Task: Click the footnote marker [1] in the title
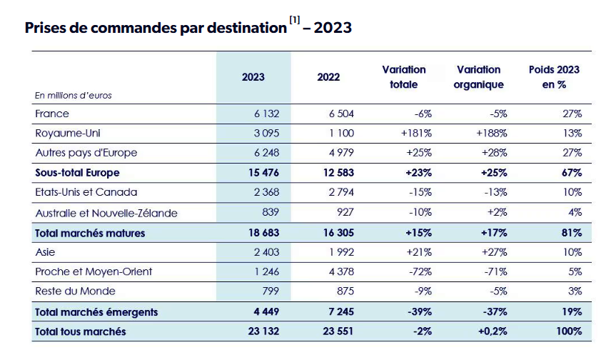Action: [x=295, y=20]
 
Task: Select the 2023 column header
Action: [x=253, y=77]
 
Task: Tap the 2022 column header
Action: [x=328, y=77]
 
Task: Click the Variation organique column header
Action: [x=478, y=77]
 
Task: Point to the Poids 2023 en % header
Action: [x=554, y=77]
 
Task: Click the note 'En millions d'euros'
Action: [x=74, y=96]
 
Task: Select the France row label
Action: [x=52, y=114]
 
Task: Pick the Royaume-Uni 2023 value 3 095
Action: [x=266, y=134]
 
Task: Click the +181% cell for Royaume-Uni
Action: [x=416, y=134]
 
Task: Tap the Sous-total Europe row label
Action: [x=77, y=173]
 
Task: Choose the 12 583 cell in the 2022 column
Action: [x=338, y=173]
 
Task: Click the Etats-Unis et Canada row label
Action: [x=86, y=192]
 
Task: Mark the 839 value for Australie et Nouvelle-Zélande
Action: [x=271, y=212]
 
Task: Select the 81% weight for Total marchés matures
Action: [x=572, y=233]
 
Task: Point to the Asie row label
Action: [x=45, y=252]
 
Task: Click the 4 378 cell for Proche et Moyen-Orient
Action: [x=341, y=271]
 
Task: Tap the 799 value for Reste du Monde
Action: [x=271, y=291]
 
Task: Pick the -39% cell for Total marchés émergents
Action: [x=420, y=311]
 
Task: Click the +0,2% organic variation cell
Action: [x=493, y=331]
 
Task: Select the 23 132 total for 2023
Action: [x=263, y=331]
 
